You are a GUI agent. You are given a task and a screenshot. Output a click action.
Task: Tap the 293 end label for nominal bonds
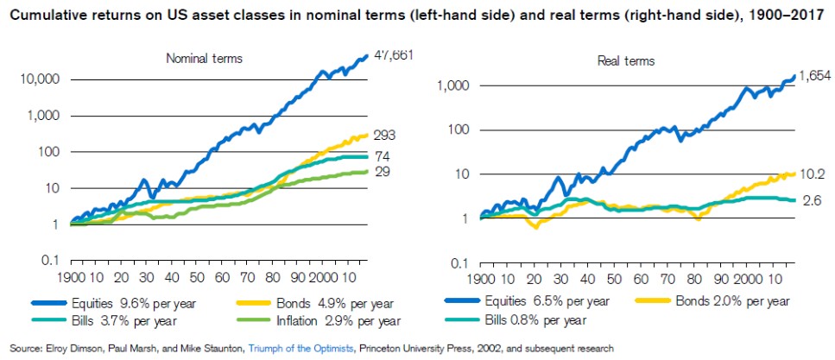pos(384,135)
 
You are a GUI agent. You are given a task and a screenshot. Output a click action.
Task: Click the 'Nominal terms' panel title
pos(204,58)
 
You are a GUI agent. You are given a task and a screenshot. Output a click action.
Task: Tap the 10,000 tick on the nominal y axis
pos(38,79)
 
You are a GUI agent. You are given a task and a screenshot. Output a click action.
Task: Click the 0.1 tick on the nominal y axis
pos(49,261)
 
